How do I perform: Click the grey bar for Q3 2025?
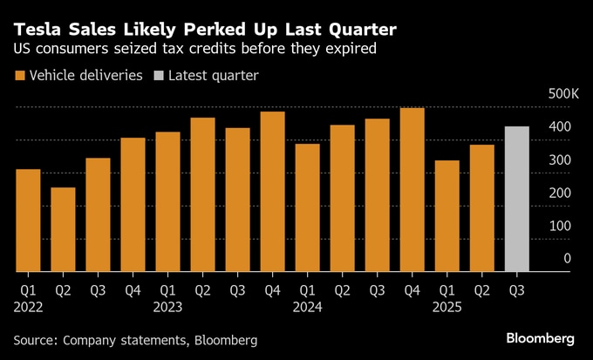pos(517,199)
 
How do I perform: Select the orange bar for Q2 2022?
pos(63,229)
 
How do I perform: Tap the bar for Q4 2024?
pos(412,189)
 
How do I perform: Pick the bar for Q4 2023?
pos(272,191)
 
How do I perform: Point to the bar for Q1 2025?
pos(446,215)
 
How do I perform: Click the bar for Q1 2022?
pos(28,220)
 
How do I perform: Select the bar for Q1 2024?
pos(307,207)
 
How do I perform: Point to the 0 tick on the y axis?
pos(567,258)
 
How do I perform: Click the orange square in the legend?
pos(18,76)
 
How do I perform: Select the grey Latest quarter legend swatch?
pos(158,76)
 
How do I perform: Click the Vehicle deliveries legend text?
pos(85,76)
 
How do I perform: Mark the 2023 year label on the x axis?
pos(167,307)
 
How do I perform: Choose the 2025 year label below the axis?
pos(446,307)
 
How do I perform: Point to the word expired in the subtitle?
pos(351,50)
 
